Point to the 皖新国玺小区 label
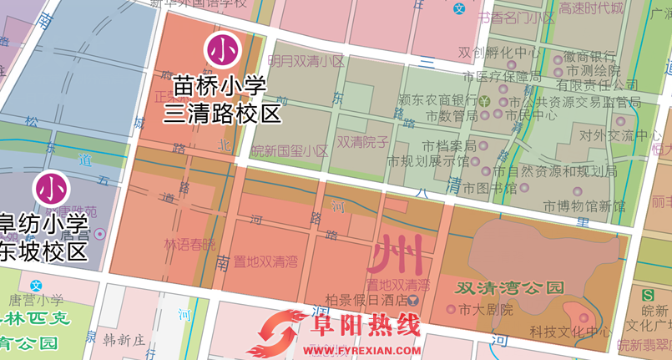(290, 151)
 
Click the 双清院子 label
(362, 142)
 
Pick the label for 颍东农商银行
(437, 100)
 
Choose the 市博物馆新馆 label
(584, 205)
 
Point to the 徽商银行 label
(589, 57)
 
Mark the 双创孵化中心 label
(499, 53)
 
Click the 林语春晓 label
(189, 245)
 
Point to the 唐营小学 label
(36, 299)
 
